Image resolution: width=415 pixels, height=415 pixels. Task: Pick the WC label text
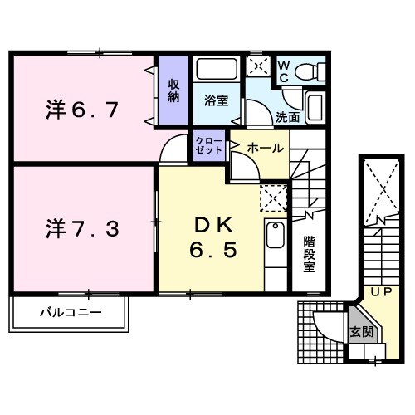(x=282, y=71)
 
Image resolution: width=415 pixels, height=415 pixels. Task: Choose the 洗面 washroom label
(x=289, y=118)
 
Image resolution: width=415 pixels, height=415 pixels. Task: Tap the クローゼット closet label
(x=209, y=147)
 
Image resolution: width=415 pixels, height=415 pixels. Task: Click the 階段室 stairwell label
(x=309, y=257)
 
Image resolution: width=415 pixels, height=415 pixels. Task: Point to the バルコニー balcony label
(x=70, y=314)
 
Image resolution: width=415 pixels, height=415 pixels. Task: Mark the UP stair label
(x=380, y=293)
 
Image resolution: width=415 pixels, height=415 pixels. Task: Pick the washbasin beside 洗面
(x=315, y=106)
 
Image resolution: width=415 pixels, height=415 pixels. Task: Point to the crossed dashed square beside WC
(x=258, y=67)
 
